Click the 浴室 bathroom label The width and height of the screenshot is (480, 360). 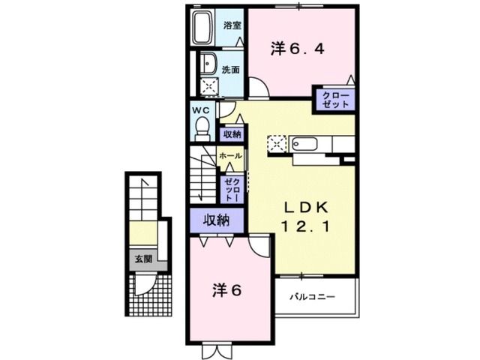coord(232,25)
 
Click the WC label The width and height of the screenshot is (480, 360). coord(200,110)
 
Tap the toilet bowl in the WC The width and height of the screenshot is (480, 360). coord(201,130)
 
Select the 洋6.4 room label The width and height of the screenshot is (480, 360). coord(297,49)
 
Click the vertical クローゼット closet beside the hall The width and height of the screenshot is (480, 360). coord(231,190)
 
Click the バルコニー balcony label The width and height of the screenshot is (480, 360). coord(313,296)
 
